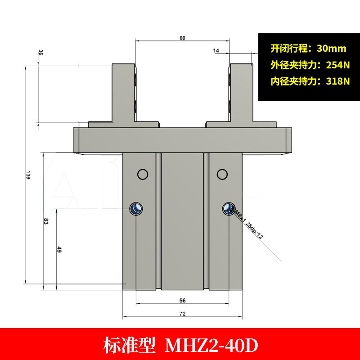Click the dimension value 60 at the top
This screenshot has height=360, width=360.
(182, 38)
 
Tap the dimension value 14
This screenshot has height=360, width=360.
(216, 51)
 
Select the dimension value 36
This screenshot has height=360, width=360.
(41, 53)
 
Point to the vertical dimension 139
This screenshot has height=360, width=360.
(27, 177)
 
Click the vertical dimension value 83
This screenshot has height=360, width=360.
(45, 222)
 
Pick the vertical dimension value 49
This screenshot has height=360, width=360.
(59, 250)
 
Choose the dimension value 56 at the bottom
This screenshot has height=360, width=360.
(182, 300)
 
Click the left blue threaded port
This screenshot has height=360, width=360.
(136, 208)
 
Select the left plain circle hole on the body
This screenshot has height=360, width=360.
(143, 174)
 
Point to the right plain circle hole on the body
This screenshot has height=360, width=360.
(221, 174)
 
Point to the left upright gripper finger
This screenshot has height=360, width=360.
(123, 92)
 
